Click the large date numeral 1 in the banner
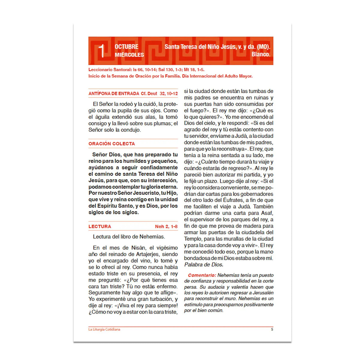pos(102,51)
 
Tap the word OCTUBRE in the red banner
pos(127,47)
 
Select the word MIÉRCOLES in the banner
pos(129,55)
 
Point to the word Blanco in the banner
pos(261,54)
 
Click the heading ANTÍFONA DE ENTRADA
pos(114,94)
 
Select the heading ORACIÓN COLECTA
pos(112,144)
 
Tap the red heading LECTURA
pos(100,227)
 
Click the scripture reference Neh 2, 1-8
pos(166,227)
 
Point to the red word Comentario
pos(202,275)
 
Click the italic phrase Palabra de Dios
pos(204,265)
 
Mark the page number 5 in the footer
pos(272,330)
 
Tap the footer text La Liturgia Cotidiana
pos(104,330)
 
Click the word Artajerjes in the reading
pos(146,255)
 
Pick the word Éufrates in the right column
pos(233,200)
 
